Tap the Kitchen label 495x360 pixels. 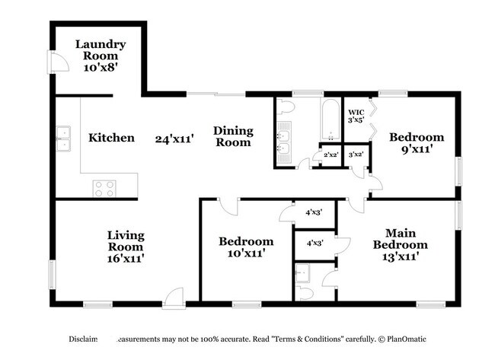112,139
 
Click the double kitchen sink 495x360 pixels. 62,139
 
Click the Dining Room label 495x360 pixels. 233,136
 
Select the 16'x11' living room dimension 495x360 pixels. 126,259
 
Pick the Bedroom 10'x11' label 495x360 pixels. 246,247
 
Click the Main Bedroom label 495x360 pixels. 400,239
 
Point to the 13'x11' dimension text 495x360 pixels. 400,257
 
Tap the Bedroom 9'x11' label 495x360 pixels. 416,143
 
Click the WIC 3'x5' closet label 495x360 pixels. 356,115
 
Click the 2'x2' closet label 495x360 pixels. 331,155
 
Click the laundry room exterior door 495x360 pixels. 55,62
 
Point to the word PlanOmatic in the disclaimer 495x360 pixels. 407,339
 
